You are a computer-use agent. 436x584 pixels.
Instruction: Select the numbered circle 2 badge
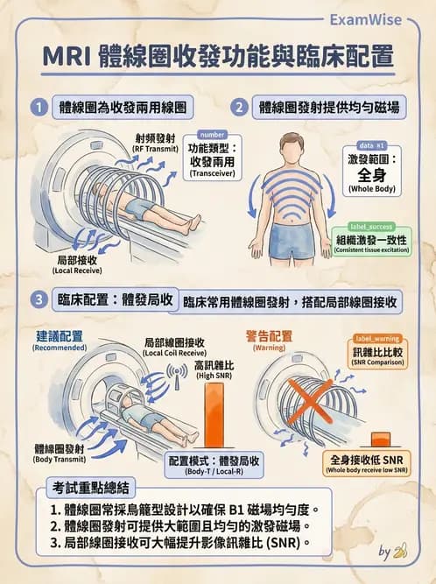(238, 108)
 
